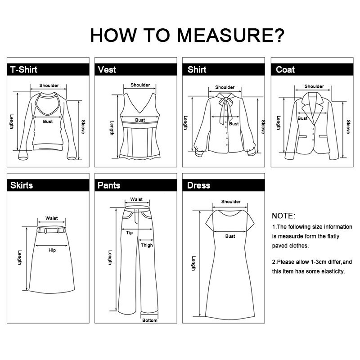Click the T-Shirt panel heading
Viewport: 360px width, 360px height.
click(x=24, y=70)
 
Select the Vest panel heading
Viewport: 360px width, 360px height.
click(x=107, y=70)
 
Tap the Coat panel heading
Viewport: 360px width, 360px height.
click(x=285, y=70)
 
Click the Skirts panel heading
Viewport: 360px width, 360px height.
click(x=22, y=185)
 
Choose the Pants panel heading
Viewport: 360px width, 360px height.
click(x=109, y=185)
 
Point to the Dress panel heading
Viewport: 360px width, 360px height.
click(x=198, y=185)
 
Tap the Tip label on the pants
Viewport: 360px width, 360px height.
click(x=130, y=233)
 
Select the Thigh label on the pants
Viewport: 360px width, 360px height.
click(x=147, y=245)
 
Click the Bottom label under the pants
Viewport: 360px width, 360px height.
click(x=150, y=320)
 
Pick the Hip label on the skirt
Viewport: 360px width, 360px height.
click(x=52, y=250)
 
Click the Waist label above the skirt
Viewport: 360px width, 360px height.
click(x=51, y=218)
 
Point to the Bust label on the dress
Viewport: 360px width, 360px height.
click(x=230, y=236)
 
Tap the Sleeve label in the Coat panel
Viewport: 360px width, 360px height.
click(x=348, y=127)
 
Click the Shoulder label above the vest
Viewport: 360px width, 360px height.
click(x=140, y=85)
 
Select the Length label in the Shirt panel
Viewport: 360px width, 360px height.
click(x=185, y=123)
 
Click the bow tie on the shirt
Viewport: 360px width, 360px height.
click(x=226, y=108)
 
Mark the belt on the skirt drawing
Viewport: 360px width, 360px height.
click(x=51, y=229)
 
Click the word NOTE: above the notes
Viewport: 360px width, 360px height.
click(x=283, y=216)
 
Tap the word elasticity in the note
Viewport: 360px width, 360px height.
click(x=333, y=271)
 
